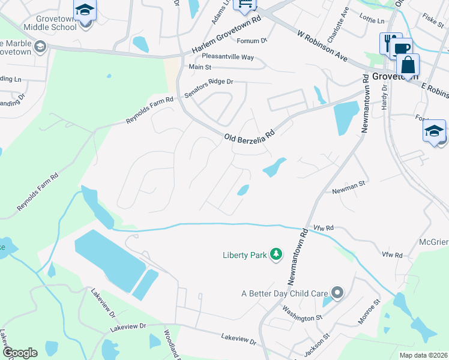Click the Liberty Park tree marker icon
pos(276,255)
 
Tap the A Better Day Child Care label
pos(284,293)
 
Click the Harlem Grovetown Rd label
pos(227,36)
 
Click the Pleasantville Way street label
pos(228,57)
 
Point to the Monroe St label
pos(369,313)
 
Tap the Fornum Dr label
pos(251,41)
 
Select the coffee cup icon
pos(403,48)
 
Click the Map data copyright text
pos(423,355)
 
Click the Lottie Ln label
pos(373,21)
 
